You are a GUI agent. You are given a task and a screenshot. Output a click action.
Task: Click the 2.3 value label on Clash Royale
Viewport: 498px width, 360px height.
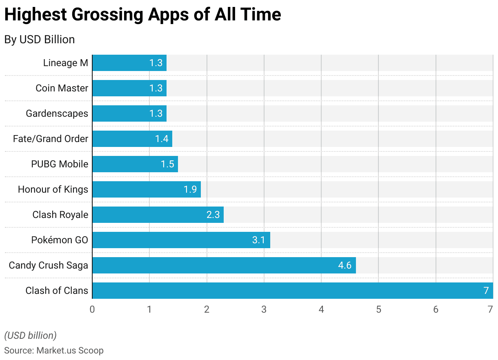pyautogui.click(x=213, y=215)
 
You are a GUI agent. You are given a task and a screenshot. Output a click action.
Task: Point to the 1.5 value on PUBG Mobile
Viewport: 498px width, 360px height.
pyautogui.click(x=167, y=164)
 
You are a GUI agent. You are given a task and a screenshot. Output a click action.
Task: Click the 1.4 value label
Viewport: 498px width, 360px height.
pyautogui.click(x=162, y=139)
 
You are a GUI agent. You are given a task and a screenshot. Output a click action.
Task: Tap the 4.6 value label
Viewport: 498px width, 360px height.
pyautogui.click(x=345, y=265)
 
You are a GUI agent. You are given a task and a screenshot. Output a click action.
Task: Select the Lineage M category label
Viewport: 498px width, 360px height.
pyautogui.click(x=65, y=63)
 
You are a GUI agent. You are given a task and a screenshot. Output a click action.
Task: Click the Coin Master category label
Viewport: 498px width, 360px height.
pyautogui.click(x=62, y=88)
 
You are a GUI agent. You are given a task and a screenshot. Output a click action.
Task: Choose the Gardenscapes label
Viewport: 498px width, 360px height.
pyautogui.click(x=57, y=113)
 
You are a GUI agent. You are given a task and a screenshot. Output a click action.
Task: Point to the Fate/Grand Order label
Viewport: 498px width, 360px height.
pyautogui.click(x=50, y=139)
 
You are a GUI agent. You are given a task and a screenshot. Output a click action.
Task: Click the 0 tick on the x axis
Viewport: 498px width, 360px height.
pyautogui.click(x=92, y=309)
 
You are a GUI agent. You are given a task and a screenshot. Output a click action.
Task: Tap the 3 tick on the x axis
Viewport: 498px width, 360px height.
pyautogui.click(x=264, y=309)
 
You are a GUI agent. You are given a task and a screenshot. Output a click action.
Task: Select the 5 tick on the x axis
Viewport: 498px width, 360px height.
pyautogui.click(x=378, y=309)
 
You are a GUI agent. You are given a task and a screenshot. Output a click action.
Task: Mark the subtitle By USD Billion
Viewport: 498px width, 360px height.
pyautogui.click(x=40, y=40)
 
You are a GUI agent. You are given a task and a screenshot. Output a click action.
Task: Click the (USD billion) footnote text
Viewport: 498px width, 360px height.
pyautogui.click(x=30, y=336)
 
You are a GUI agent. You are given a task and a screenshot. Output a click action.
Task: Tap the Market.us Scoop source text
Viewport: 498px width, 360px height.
pyautogui.click(x=70, y=350)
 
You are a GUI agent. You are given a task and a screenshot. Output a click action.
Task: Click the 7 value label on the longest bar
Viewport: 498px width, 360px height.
pyautogui.click(x=486, y=291)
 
